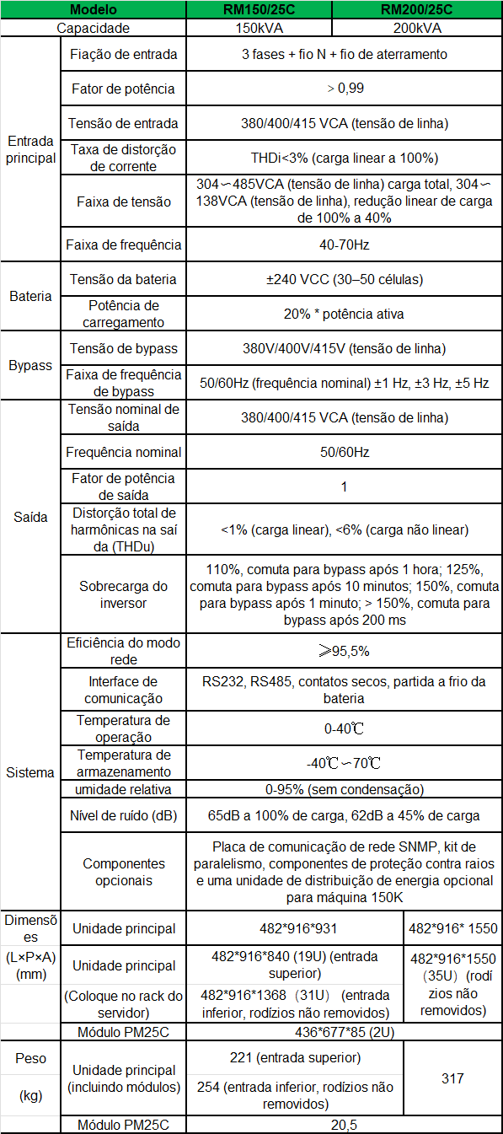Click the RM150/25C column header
[x=259, y=10]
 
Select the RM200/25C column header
[x=417, y=10]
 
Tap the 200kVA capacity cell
[x=417, y=28]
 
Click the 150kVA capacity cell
[x=259, y=28]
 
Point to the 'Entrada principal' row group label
[x=30, y=149]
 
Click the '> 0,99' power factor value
[x=344, y=88]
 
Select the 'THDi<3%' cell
[x=344, y=158]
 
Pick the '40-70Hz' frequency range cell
[x=344, y=245]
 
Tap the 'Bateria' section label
[x=30, y=296]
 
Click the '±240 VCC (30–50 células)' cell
[x=344, y=280]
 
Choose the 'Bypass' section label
[x=30, y=366]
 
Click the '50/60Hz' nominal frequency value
[x=344, y=453]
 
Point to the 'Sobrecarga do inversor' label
[x=123, y=594]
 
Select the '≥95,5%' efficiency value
[x=344, y=651]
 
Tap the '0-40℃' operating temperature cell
[x=344, y=728]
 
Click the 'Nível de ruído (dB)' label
[x=123, y=815]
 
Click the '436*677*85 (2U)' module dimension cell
[x=344, y=1031]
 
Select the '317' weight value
[x=453, y=1078]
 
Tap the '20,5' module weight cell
[x=344, y=1125]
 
